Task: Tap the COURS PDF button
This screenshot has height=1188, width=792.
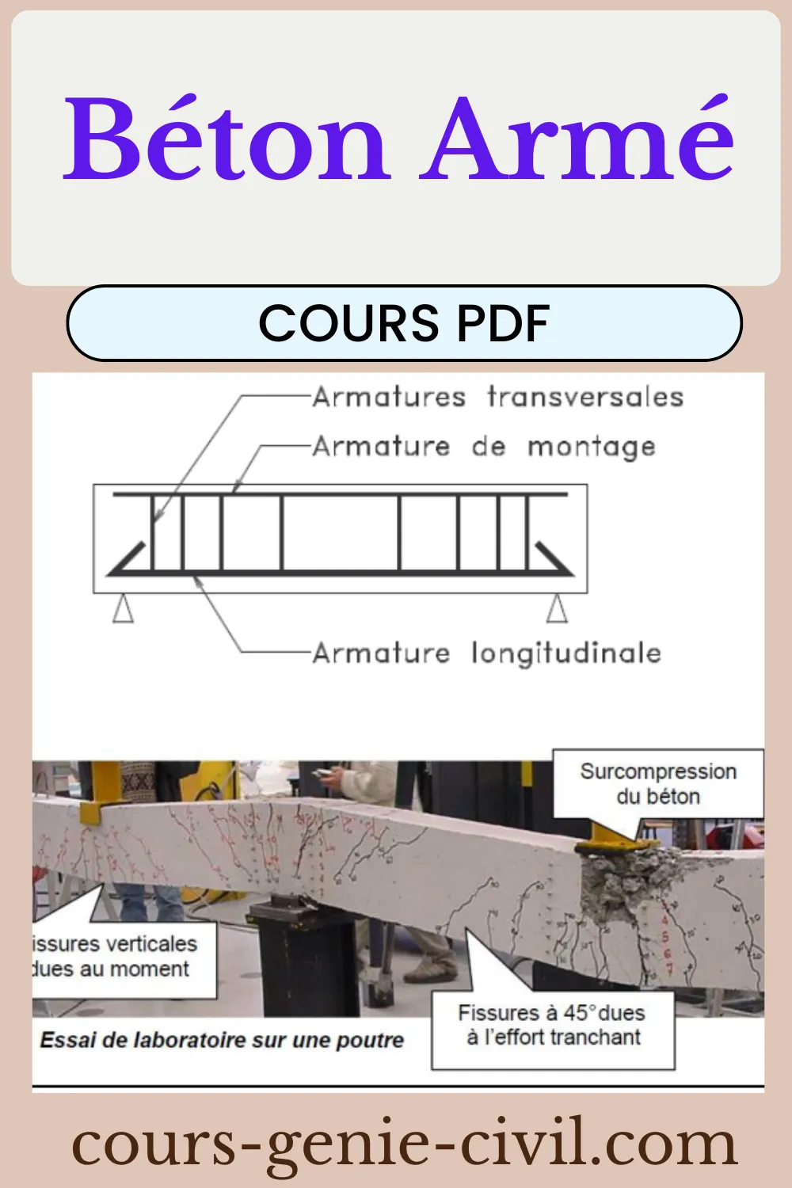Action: point(404,323)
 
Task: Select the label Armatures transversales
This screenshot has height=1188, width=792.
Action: point(497,397)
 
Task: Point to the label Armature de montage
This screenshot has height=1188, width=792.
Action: point(484,447)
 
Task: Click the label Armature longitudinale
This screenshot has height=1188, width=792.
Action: point(486,653)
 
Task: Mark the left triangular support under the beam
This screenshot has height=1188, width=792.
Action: point(123,609)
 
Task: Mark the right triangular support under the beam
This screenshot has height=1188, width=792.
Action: point(557,609)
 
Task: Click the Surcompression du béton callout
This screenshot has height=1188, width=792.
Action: point(657,783)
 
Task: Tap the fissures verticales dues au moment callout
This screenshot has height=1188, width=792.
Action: point(119,957)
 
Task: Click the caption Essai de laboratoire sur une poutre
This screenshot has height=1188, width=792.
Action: point(222,1040)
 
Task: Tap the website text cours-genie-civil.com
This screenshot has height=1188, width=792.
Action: point(404,1144)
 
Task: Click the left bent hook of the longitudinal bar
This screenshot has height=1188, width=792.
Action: point(127,558)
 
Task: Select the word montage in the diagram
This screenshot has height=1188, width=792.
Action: point(592,447)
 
